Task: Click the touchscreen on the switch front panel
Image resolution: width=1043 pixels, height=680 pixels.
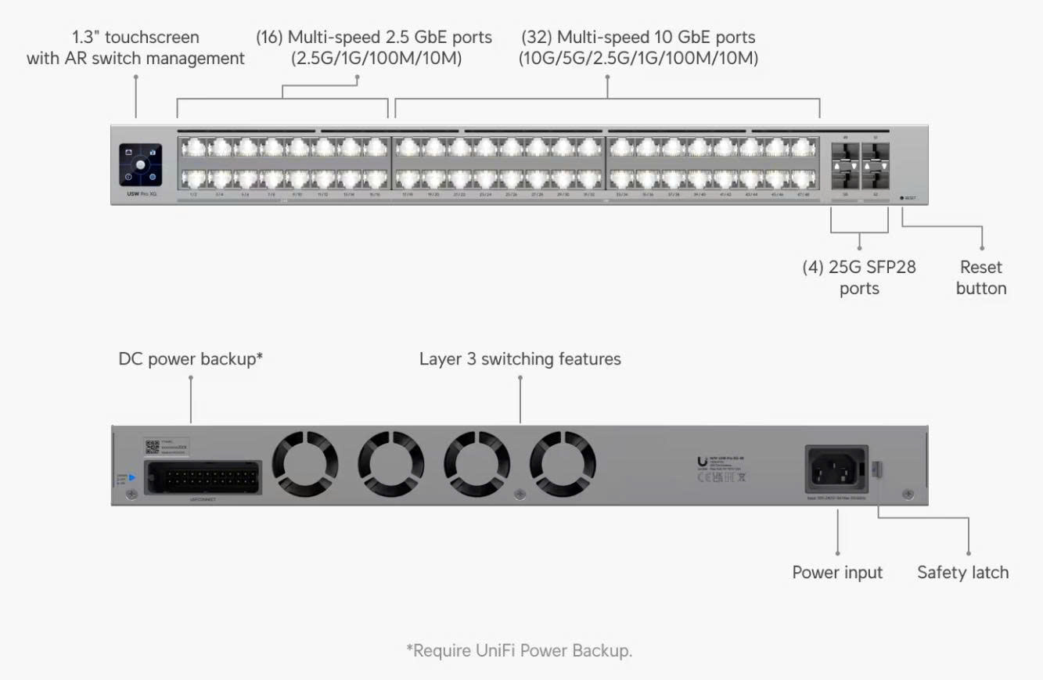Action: tap(141, 164)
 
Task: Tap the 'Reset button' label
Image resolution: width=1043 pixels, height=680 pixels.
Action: tap(980, 278)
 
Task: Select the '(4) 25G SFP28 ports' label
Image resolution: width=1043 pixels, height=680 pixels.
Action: tap(859, 278)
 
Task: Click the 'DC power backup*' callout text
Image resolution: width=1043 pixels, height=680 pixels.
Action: tap(190, 358)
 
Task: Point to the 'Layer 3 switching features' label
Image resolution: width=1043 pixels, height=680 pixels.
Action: tap(520, 358)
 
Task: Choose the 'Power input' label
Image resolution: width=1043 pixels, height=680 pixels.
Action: tap(836, 572)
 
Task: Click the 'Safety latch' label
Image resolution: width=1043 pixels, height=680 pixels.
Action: tap(962, 572)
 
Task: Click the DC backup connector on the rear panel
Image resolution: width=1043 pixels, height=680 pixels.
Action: tap(203, 476)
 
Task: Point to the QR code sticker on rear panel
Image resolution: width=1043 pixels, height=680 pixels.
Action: tap(153, 447)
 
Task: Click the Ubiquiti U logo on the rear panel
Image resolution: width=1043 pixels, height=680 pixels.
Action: tap(702, 461)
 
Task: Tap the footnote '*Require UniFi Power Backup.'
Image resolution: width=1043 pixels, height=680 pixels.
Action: tap(519, 650)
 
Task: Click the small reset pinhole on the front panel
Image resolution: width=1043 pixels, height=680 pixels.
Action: tap(902, 198)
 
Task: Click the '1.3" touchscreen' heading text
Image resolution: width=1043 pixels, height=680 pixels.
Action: tap(135, 37)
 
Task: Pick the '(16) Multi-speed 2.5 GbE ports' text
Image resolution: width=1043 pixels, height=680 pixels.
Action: tap(375, 37)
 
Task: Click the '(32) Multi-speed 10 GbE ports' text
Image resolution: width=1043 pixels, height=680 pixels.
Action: tap(638, 37)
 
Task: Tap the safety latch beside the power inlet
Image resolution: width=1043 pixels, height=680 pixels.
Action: tap(877, 470)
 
